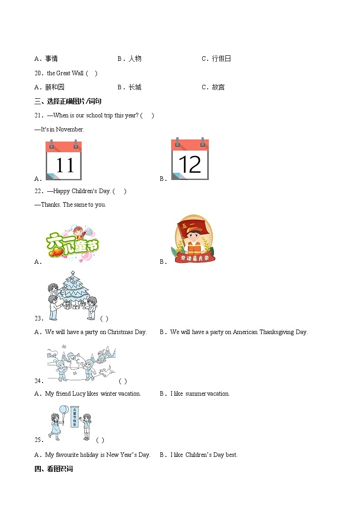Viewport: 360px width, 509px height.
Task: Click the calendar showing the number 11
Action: coord(63,160)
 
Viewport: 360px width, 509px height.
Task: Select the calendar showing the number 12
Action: coord(190,160)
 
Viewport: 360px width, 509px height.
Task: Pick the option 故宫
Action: coord(218,87)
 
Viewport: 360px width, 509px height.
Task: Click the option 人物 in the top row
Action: coord(135,58)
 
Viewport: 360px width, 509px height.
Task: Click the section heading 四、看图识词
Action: coord(54,469)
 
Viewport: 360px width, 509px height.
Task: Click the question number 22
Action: coord(38,191)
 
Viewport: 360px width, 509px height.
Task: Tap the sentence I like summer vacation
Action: coord(200,393)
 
